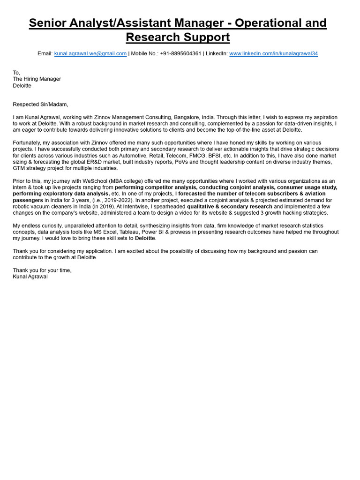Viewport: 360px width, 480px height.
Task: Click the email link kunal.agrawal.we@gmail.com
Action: [x=90, y=54]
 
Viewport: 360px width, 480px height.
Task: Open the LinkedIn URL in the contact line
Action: [x=273, y=54]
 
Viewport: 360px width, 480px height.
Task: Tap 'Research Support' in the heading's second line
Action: [x=178, y=37]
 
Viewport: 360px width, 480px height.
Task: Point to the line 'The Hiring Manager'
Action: [x=37, y=79]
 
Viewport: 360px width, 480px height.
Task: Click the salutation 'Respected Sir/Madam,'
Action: [x=40, y=105]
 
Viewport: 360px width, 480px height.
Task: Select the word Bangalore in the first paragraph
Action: [x=187, y=117]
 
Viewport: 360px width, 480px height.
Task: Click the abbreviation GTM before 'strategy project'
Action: [x=19, y=168]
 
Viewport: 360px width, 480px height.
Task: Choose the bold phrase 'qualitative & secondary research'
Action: [x=229, y=206]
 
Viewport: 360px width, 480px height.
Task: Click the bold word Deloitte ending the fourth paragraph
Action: [x=145, y=239]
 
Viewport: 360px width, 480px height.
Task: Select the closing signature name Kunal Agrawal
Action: [x=30, y=277]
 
